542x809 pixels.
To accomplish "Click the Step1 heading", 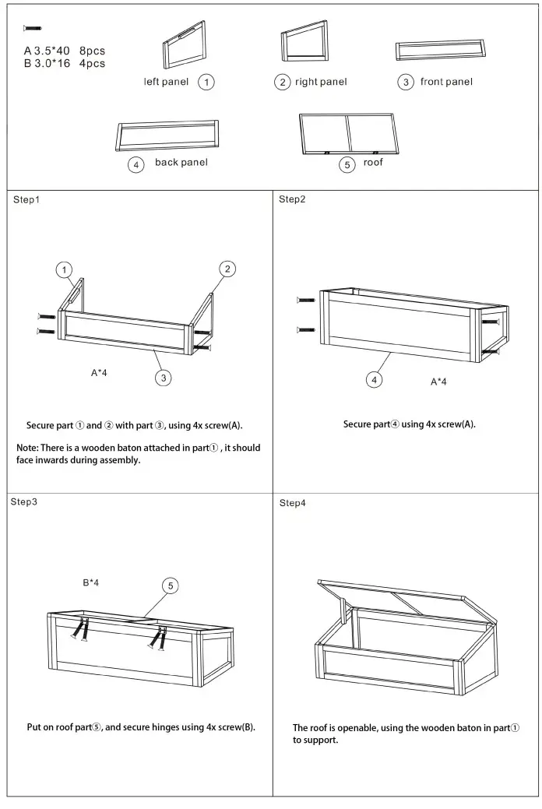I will click(x=26, y=200).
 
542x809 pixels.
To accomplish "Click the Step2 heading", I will click(x=292, y=199).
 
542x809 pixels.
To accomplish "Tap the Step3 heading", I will click(x=23, y=501).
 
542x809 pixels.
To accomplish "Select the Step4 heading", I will click(x=293, y=503).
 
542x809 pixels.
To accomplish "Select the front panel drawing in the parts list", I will click(x=440, y=51).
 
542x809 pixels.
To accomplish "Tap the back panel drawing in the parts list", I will click(x=167, y=135).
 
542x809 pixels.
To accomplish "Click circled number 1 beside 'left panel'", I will click(x=206, y=82).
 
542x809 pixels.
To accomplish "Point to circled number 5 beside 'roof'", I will click(x=347, y=164).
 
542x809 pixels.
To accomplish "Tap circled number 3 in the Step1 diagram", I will click(x=164, y=378).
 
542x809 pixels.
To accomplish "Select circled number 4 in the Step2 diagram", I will click(x=375, y=379).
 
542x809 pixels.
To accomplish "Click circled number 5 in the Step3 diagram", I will click(x=171, y=586).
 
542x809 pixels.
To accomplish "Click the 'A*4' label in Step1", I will click(x=99, y=373).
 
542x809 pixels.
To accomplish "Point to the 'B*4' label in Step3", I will click(x=91, y=582).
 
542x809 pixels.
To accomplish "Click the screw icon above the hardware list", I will click(x=32, y=28).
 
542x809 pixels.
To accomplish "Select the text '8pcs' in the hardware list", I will click(x=92, y=51).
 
